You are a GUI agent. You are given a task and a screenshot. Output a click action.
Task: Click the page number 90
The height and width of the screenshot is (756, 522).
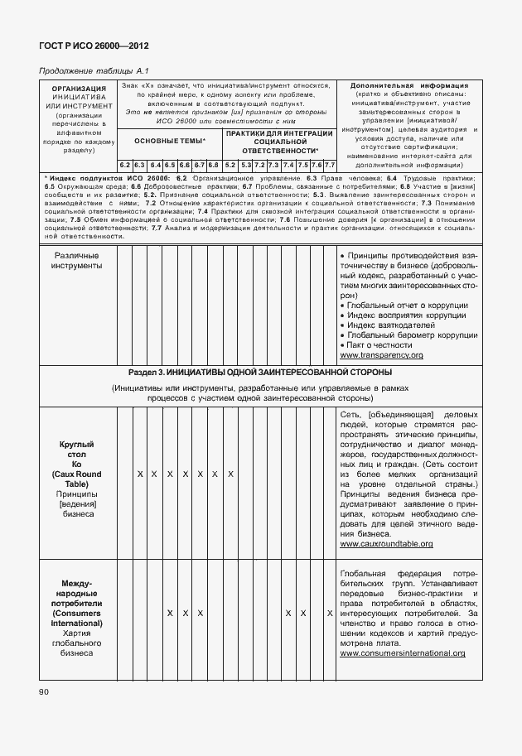point(43,691)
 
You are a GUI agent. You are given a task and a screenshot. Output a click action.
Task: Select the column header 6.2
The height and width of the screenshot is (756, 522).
point(125,165)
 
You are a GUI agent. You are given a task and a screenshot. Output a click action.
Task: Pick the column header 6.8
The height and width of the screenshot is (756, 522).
point(213,165)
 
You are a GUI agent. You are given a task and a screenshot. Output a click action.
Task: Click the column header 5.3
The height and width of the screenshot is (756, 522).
point(246,165)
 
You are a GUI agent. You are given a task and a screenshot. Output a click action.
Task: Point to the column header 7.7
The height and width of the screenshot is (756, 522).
point(329,165)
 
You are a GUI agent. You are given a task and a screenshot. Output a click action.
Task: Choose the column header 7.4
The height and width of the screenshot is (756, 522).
point(288,165)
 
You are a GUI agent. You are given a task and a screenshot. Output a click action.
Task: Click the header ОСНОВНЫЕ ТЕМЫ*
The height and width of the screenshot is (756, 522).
point(169,142)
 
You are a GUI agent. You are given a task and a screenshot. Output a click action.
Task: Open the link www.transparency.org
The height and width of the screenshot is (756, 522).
point(381,354)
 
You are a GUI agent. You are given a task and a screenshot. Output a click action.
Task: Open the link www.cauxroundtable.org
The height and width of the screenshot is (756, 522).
point(386,544)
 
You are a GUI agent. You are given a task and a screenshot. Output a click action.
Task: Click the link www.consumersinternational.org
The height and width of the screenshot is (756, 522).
point(402,653)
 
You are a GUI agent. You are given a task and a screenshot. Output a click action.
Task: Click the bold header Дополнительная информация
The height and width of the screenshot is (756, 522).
point(409,85)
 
